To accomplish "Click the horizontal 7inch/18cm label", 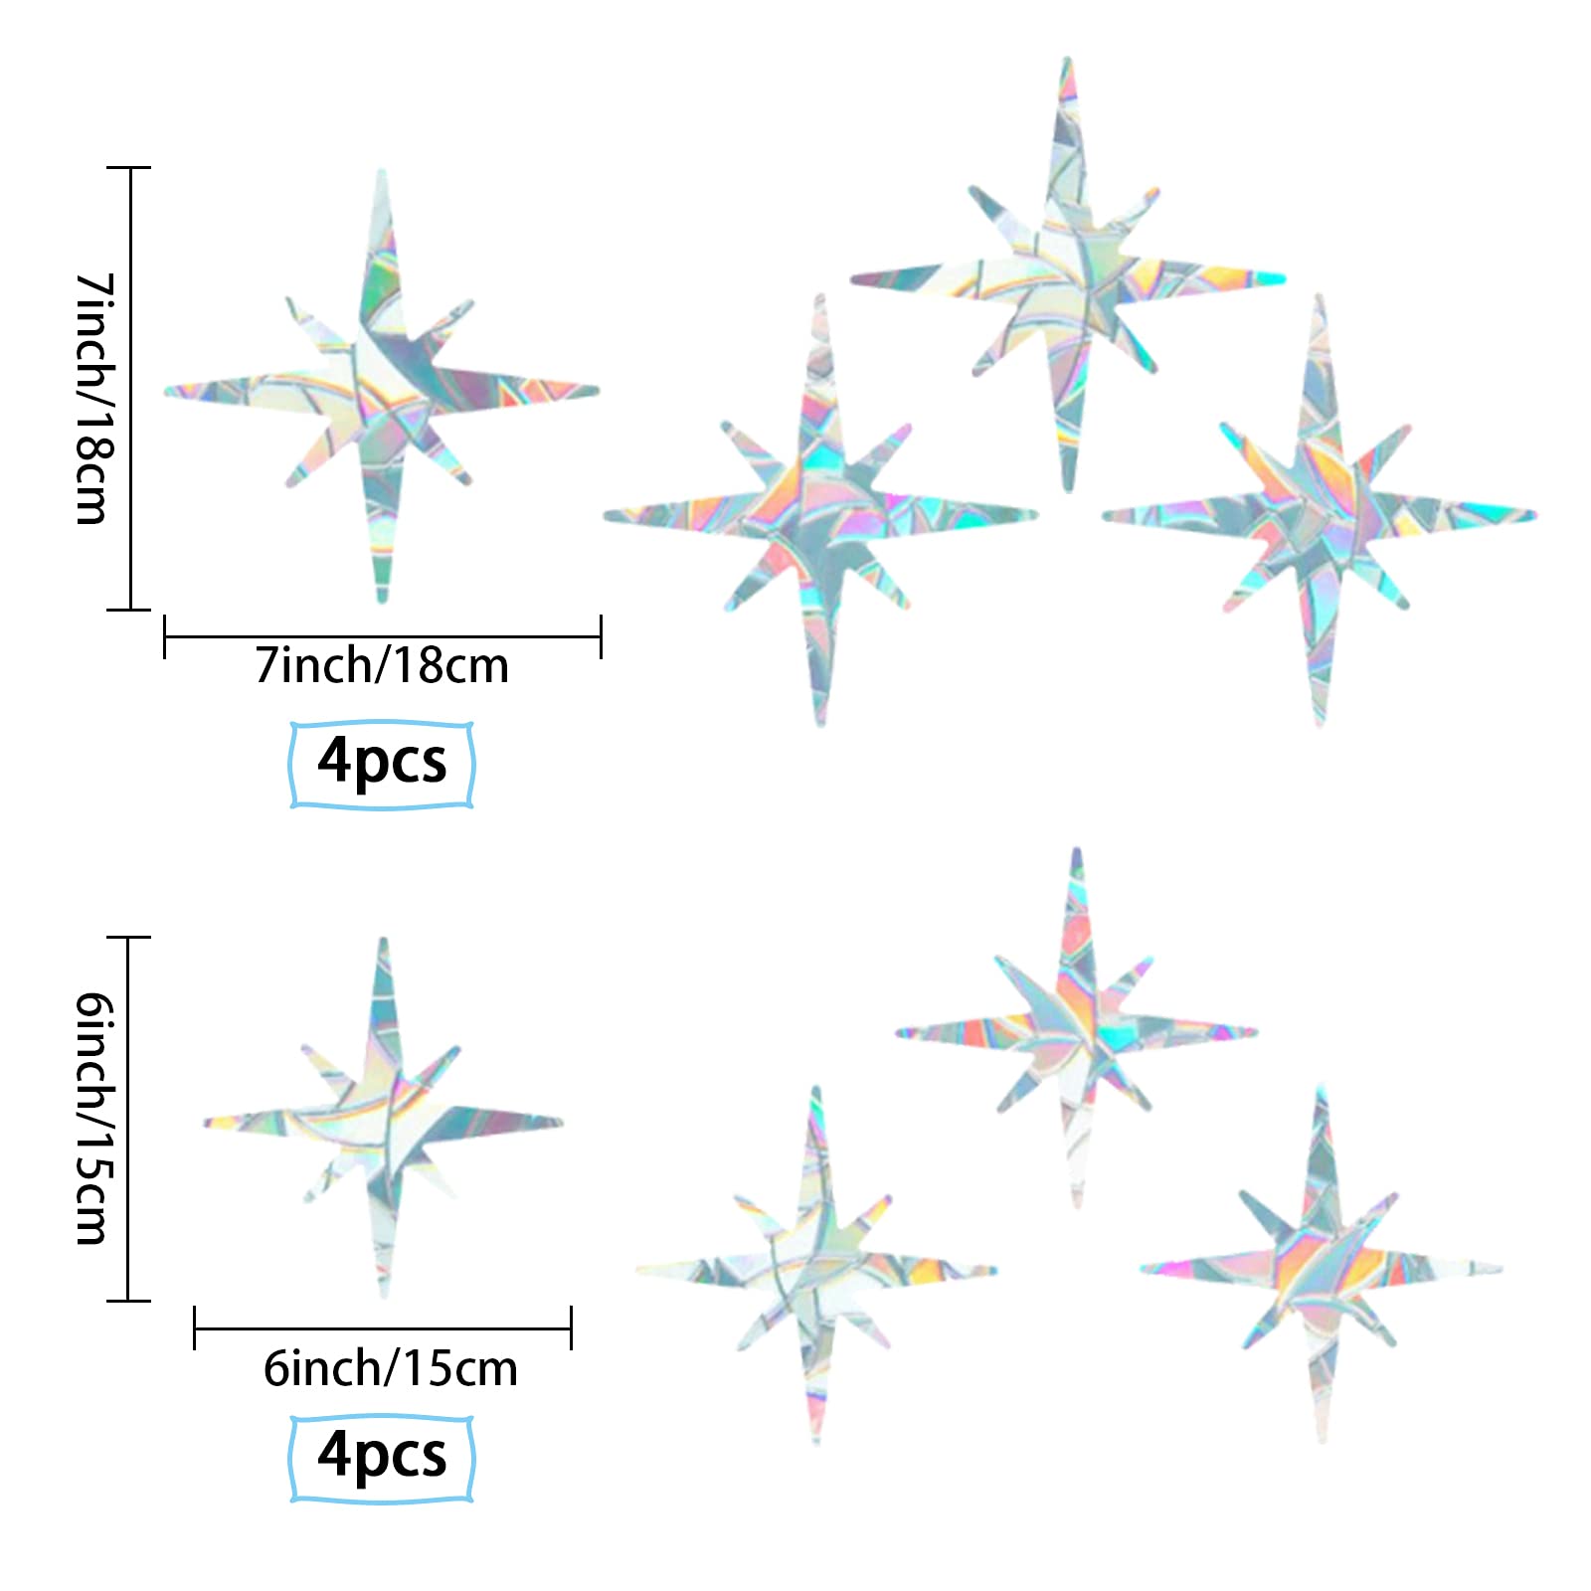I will coord(382,666).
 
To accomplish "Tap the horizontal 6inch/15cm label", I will coord(390,1369).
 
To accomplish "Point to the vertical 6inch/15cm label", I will coord(95,1119).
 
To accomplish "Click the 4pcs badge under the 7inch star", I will coord(382,763).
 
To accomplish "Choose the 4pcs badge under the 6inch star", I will coord(382,1457).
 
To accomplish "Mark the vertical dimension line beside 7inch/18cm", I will coord(131,388).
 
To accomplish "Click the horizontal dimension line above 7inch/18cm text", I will coord(382,636).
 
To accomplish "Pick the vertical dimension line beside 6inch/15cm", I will coord(129,1119).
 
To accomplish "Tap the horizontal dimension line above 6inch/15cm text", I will coord(382,1328).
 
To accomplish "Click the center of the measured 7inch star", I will coord(383,391).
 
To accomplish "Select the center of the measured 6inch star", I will coord(384,1122).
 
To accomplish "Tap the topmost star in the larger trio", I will coord(1068,278).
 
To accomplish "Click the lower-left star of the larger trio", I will coord(820,514).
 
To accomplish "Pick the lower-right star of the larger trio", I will coord(1320,514).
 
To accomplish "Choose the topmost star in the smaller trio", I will coord(1077,1032).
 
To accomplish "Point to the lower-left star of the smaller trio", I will coord(816,1270).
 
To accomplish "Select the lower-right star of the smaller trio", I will coord(1322,1269).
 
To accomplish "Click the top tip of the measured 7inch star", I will coord(382,175).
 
